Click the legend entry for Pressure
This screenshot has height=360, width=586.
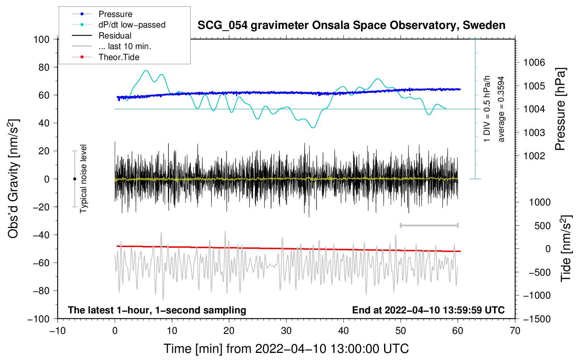[x=115, y=14]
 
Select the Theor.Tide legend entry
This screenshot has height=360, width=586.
[x=119, y=57]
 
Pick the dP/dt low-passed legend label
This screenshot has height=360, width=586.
[x=132, y=25]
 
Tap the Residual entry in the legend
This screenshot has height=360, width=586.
[x=115, y=36]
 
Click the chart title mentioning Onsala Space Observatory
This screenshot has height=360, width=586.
[x=351, y=25]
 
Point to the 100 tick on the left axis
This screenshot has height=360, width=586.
[x=41, y=39]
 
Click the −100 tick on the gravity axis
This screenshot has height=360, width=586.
[x=38, y=319]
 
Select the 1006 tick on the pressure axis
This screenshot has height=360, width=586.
[x=534, y=62]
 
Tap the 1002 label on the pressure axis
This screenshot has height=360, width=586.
[x=534, y=156]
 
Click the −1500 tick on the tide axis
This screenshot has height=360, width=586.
[x=537, y=319]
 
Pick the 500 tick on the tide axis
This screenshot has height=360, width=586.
[x=542, y=226]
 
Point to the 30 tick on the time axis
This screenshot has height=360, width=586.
[x=286, y=331]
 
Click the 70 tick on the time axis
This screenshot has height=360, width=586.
[x=515, y=331]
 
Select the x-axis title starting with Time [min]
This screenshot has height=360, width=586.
[x=286, y=349]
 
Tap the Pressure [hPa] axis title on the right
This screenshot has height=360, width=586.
[x=560, y=109]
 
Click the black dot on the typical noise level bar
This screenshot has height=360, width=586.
[x=74, y=179]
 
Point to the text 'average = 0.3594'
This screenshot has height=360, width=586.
[x=501, y=109]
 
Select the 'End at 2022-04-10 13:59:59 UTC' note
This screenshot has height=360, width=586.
[x=428, y=310]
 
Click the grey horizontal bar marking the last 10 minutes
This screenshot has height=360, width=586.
[x=429, y=225]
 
